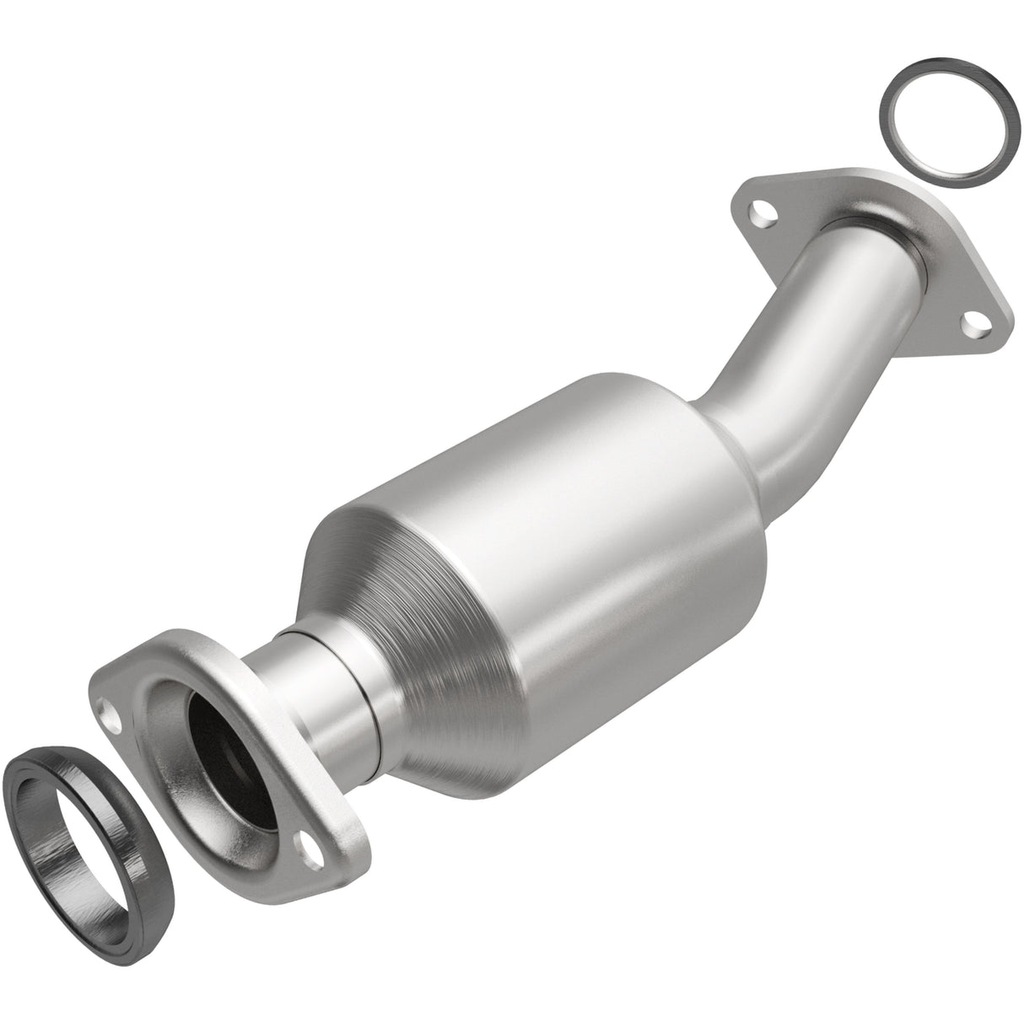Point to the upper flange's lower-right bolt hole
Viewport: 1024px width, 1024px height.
(x=974, y=321)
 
